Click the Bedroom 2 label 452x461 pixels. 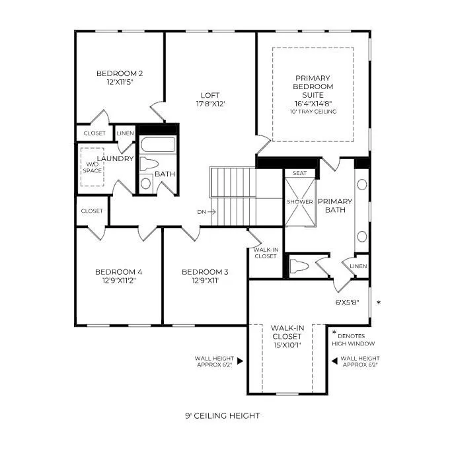pyautogui.click(x=120, y=73)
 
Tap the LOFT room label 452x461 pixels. pyautogui.click(x=210, y=95)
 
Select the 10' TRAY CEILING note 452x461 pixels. pyautogui.click(x=313, y=112)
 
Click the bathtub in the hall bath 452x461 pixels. pyautogui.click(x=158, y=145)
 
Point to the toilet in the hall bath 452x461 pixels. pyautogui.click(x=149, y=164)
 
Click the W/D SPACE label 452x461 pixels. pyautogui.click(x=93, y=167)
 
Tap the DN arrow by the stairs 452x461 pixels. pyautogui.click(x=211, y=212)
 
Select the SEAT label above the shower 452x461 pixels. pyautogui.click(x=299, y=173)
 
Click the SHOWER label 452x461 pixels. pyautogui.click(x=300, y=202)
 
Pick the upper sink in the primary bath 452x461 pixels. pyautogui.click(x=362, y=185)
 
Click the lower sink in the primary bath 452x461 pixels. pyautogui.click(x=362, y=236)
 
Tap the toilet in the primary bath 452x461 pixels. pyautogui.click(x=299, y=266)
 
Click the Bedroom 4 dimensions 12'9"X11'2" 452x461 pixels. pyautogui.click(x=119, y=281)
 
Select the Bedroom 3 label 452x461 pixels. pyautogui.click(x=205, y=272)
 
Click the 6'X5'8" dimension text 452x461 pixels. pyautogui.click(x=348, y=302)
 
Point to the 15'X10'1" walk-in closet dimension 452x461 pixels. pyautogui.click(x=287, y=345)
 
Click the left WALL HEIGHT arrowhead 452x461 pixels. pyautogui.click(x=241, y=361)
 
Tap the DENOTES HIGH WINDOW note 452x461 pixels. pyautogui.click(x=354, y=339)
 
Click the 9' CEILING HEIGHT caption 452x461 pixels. pyautogui.click(x=223, y=415)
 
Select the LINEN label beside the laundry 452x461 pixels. pyautogui.click(x=126, y=133)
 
